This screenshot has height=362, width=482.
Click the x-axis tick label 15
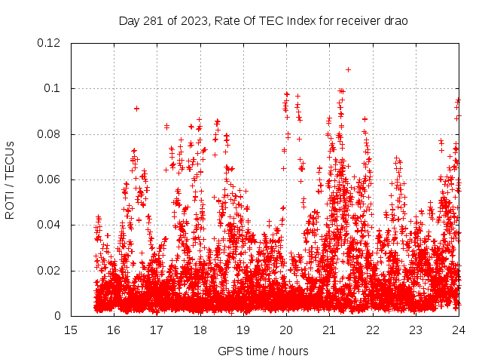point(71,330)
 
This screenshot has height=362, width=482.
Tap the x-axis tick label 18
point(200,330)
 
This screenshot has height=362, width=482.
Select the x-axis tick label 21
point(329,330)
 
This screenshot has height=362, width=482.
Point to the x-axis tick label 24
point(458,330)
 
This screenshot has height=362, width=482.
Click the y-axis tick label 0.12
point(50,43)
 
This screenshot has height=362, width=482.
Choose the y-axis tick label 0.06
point(50,179)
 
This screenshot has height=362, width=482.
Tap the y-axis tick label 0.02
point(50,271)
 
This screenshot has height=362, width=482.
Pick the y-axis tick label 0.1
point(53,88)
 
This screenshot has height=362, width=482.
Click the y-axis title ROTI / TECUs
point(11,179)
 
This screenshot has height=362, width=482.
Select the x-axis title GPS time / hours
point(263,351)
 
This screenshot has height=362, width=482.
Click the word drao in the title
point(395,20)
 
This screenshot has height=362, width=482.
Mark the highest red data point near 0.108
point(348,69)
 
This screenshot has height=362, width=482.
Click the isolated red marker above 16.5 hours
point(136,109)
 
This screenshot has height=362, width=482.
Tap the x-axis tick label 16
point(114,330)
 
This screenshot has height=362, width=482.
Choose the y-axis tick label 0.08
point(50,134)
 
